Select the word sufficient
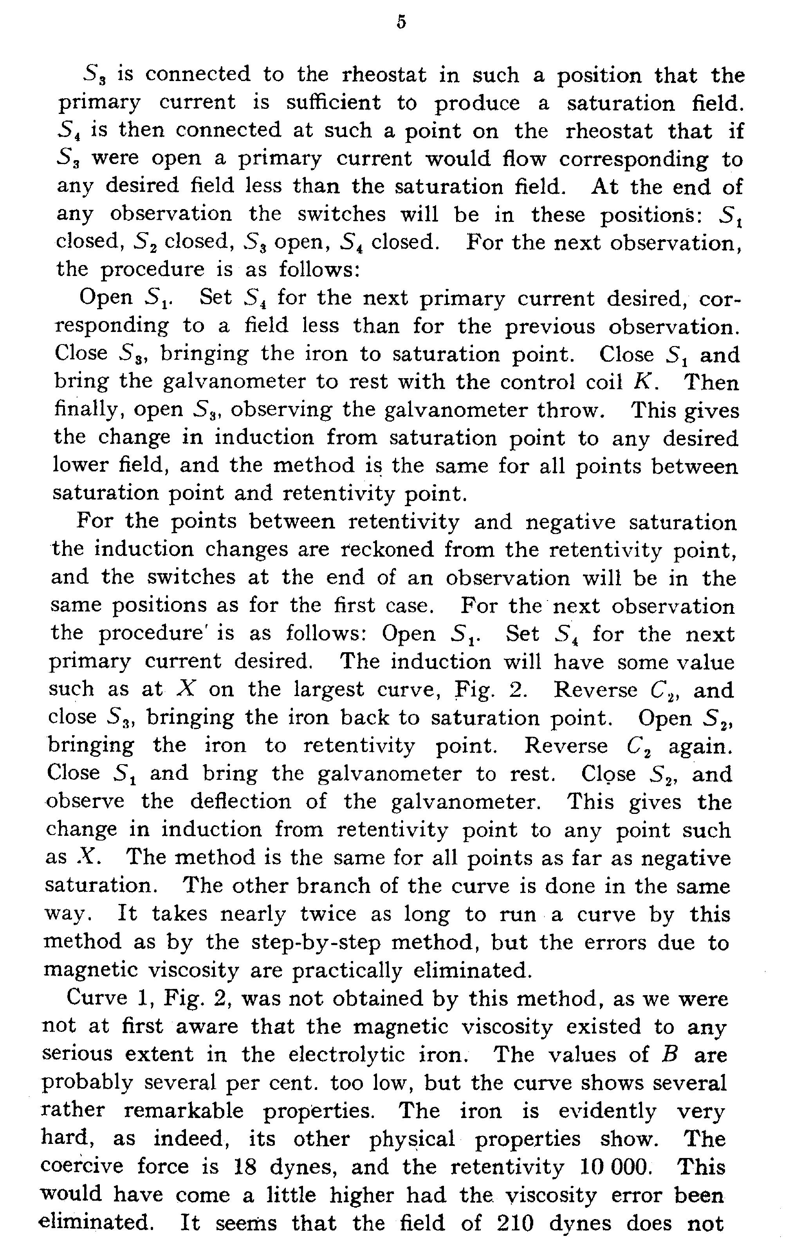click(x=334, y=103)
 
